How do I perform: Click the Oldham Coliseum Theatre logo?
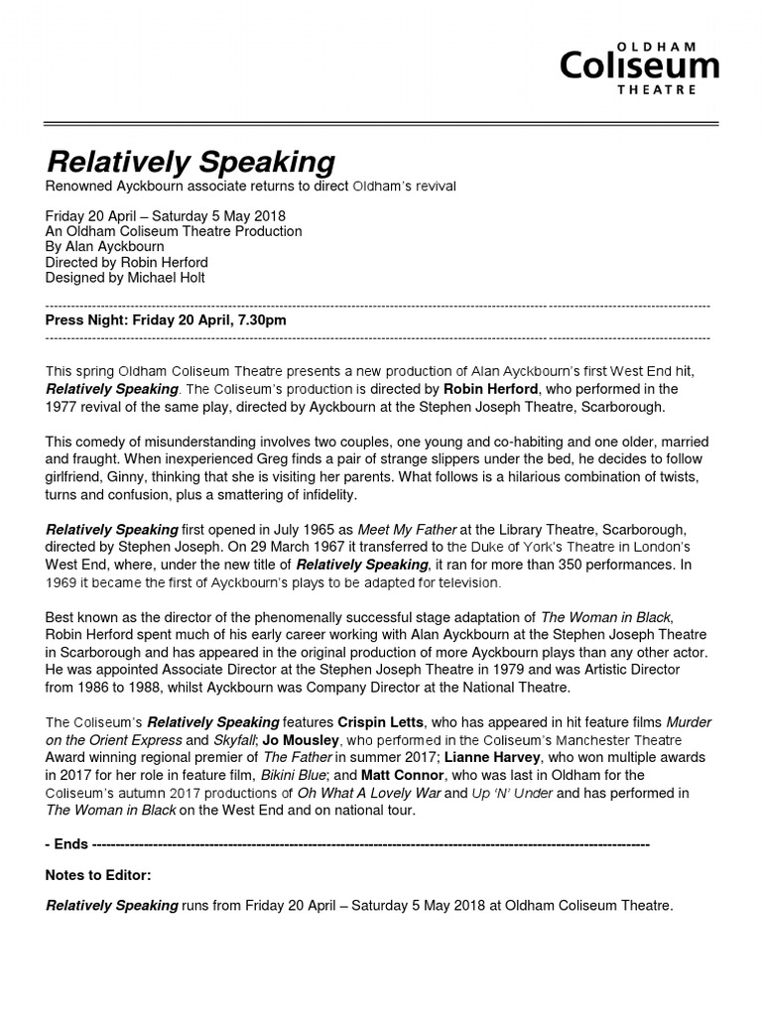click(639, 67)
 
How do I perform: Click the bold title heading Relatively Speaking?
click(190, 162)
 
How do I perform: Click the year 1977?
click(63, 407)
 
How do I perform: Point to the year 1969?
click(63, 581)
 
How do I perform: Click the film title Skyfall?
click(237, 740)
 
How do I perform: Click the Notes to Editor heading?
click(98, 876)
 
